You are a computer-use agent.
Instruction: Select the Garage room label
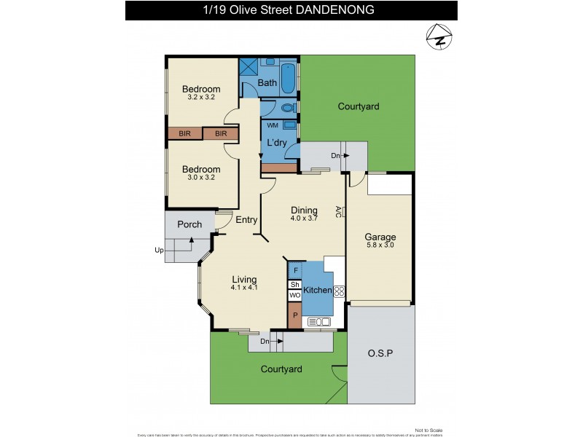[x=380, y=237]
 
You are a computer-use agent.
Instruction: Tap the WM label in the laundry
[x=272, y=125]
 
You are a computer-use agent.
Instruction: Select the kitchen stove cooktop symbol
[x=339, y=291]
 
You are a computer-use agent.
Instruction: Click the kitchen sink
[x=320, y=322]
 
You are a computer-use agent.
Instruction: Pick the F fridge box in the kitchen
[x=294, y=270]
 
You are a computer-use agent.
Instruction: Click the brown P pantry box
[x=294, y=315]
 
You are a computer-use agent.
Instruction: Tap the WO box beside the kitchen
[x=294, y=296]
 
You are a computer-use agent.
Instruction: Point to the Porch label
[x=189, y=224]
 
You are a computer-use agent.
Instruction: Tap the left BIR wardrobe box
[x=184, y=134]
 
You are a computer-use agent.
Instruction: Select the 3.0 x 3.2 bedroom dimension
[x=200, y=178]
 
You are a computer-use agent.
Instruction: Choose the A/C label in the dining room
[x=339, y=211]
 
